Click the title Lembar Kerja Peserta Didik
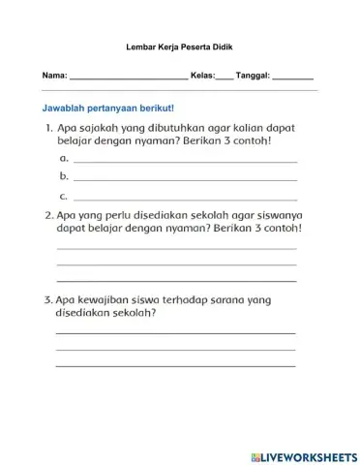179,46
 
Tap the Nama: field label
54,75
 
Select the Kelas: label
203,75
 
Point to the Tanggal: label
254,75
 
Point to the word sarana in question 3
225,300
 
